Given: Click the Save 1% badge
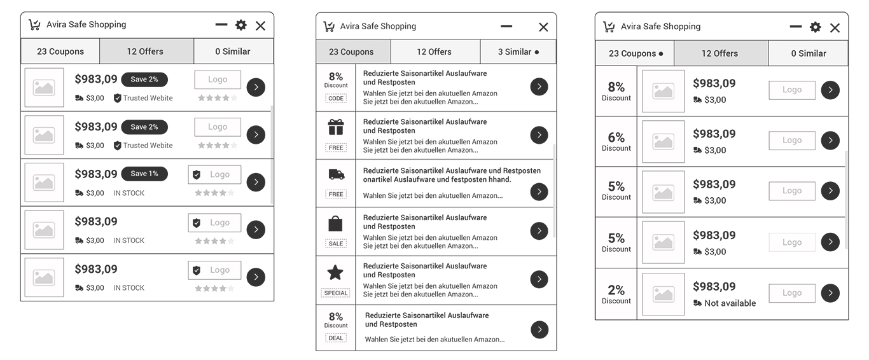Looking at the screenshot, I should tap(144, 174).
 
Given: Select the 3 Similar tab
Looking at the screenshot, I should tap(518, 52).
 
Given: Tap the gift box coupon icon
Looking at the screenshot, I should tap(335, 127).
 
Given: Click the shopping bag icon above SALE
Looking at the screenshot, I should tap(335, 223).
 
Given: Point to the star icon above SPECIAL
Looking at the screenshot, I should tap(335, 272).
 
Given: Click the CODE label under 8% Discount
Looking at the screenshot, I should tap(336, 99).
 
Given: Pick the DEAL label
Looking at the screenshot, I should tap(336, 338).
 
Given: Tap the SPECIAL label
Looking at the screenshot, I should tap(335, 293).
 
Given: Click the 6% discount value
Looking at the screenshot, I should tap(616, 137).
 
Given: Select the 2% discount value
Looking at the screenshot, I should tap(616, 290).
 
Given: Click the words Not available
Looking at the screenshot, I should tap(730, 303).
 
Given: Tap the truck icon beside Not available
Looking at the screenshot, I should tap(697, 303).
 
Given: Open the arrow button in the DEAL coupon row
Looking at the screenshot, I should tap(539, 329).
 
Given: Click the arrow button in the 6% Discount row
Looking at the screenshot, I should tap(830, 141).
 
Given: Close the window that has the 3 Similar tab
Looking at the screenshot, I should tap(543, 27).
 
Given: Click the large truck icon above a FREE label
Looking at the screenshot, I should tap(336, 174).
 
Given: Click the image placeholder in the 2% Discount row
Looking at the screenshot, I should tap(664, 294).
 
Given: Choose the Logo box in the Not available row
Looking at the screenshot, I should tap(792, 293).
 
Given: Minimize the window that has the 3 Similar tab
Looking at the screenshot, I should tap(506, 27).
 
